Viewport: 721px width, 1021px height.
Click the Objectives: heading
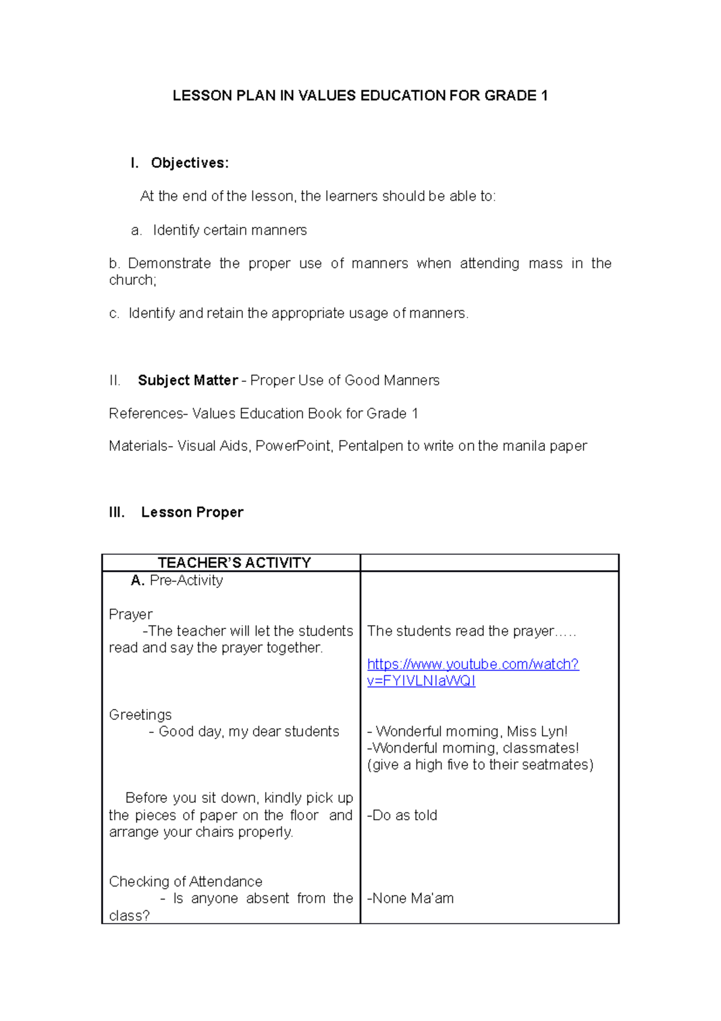click(189, 163)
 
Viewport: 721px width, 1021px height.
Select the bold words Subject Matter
click(187, 381)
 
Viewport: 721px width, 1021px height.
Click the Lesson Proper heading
click(192, 512)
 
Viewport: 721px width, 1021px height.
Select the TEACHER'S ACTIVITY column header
click(234, 563)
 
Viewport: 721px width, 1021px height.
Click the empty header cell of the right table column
click(489, 563)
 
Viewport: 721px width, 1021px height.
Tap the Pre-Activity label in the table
click(186, 580)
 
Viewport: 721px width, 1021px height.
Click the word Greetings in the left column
click(140, 715)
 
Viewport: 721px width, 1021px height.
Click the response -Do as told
click(402, 815)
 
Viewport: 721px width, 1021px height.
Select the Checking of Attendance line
click(186, 881)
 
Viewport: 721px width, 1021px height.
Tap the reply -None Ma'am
click(410, 898)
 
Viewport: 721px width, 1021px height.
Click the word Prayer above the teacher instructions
click(130, 615)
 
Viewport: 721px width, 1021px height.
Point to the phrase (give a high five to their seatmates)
click(479, 765)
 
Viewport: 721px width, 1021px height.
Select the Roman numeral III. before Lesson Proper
click(117, 512)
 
